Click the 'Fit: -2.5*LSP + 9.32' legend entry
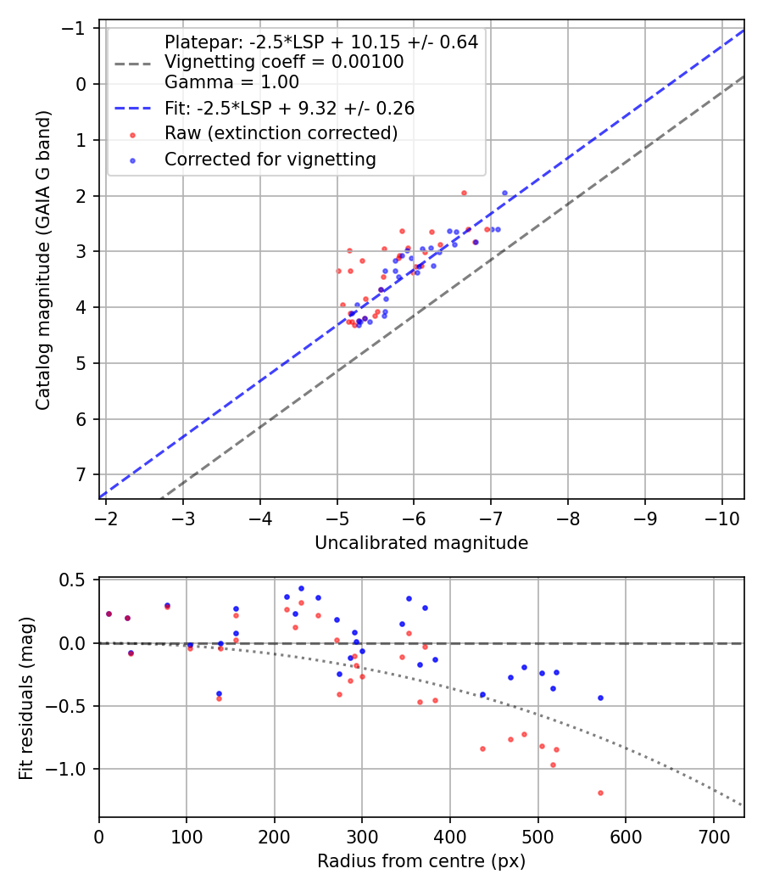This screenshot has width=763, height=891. click(x=288, y=109)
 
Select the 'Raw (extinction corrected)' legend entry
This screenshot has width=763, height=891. click(x=281, y=133)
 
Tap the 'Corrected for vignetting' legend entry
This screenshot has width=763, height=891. click(x=270, y=159)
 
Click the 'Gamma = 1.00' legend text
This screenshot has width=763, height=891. click(x=231, y=82)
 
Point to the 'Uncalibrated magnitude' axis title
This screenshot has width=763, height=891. click(x=421, y=543)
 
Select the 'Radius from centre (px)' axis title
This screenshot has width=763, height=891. click(x=421, y=861)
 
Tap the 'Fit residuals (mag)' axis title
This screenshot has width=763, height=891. click(x=26, y=698)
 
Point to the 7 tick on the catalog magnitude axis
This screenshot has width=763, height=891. click(x=83, y=474)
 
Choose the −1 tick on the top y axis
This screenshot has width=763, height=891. click(x=79, y=28)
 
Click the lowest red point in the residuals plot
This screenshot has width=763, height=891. click(x=600, y=793)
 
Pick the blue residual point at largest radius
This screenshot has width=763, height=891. click(x=600, y=698)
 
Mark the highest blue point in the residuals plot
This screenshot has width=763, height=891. click(x=301, y=588)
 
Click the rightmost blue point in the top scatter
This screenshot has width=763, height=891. click(x=504, y=193)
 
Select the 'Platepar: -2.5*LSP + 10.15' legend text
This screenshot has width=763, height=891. click(x=321, y=42)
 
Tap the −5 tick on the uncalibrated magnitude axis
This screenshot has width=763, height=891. click(x=337, y=518)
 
